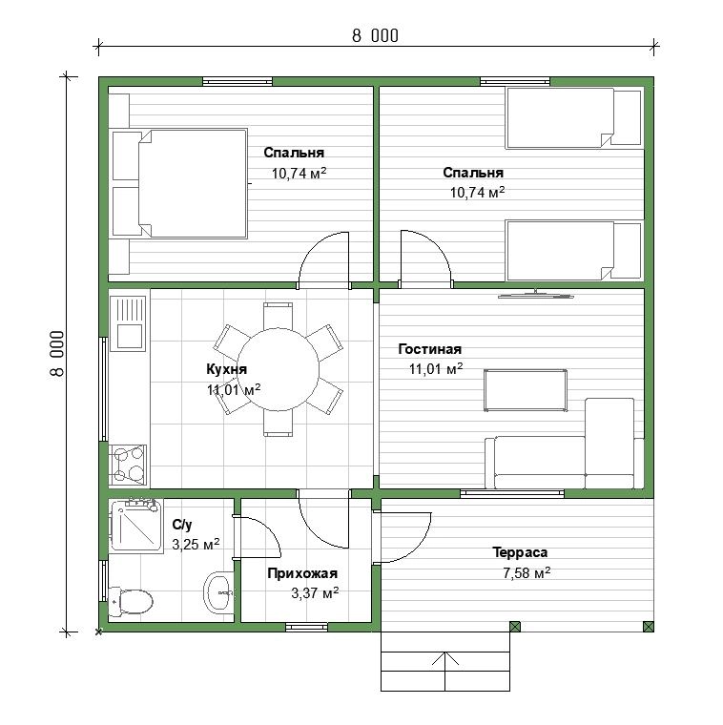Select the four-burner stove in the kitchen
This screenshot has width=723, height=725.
128,465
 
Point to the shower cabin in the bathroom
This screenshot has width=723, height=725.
135,527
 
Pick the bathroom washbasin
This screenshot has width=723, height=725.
218,592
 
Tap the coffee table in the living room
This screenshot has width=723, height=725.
526,390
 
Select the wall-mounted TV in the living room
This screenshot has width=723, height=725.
535,295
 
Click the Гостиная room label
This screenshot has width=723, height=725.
429,349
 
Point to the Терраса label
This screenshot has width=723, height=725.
520,552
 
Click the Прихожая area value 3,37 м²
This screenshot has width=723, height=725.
315,592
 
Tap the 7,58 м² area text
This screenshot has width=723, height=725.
527,573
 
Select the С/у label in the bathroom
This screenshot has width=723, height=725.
181,525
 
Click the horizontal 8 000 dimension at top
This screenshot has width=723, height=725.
375,36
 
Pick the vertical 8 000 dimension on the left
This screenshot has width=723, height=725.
57,354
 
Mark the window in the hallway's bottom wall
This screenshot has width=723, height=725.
306,627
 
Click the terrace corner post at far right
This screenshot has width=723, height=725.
649,627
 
